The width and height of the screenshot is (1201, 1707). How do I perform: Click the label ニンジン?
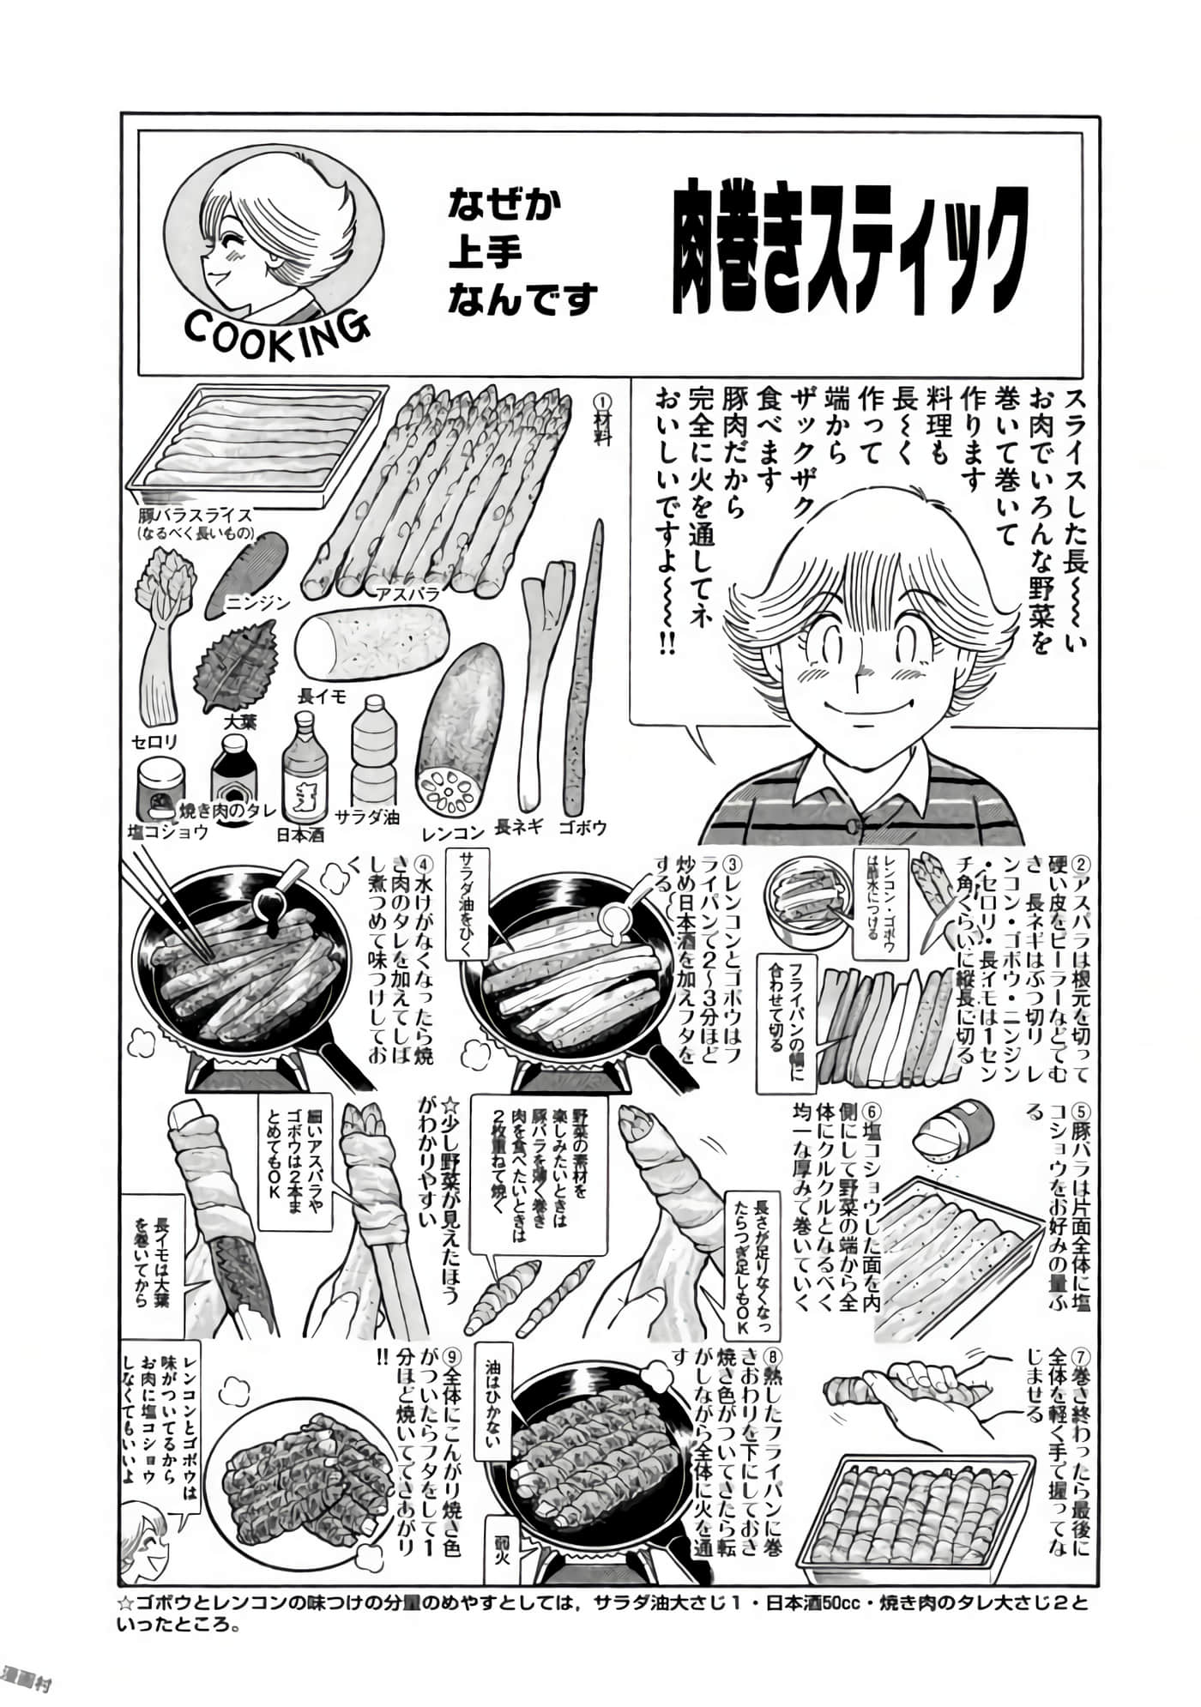(x=257, y=603)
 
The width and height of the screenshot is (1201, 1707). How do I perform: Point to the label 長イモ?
(x=321, y=697)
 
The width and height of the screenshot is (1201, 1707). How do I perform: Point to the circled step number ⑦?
(x=1081, y=1357)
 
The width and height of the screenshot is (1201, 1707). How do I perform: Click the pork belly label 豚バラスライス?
(x=196, y=516)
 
